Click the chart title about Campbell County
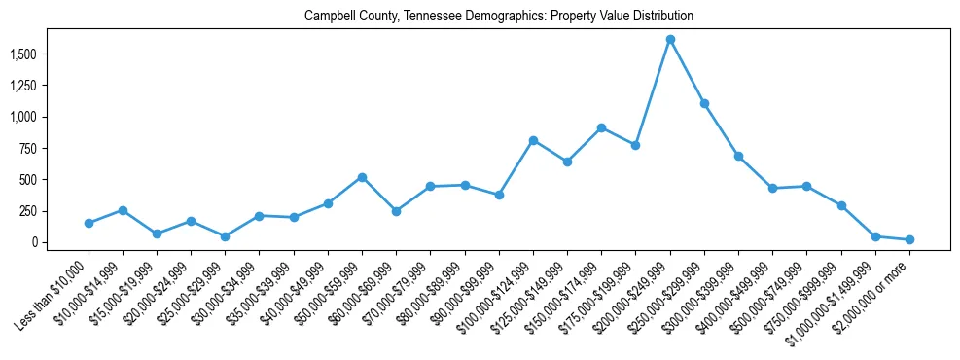498,17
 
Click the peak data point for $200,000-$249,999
670,39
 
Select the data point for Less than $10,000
89,223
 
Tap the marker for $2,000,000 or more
909,239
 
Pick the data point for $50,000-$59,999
362,177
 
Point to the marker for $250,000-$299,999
704,103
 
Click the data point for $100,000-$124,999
533,140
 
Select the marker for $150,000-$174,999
602,127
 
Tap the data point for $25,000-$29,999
225,236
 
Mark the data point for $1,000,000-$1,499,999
875,236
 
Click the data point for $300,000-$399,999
738,156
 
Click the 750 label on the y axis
32,149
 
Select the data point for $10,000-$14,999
123,210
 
